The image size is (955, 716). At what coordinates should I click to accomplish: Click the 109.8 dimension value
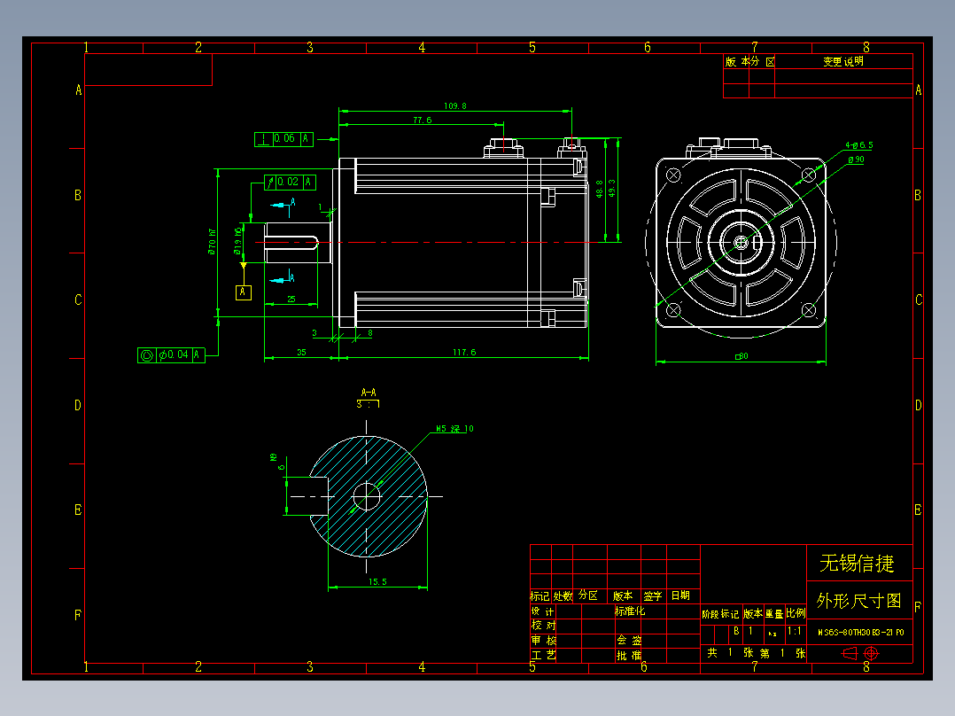click(x=454, y=106)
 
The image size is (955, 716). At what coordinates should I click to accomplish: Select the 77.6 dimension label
click(x=422, y=121)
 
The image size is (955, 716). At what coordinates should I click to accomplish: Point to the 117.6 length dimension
click(x=464, y=353)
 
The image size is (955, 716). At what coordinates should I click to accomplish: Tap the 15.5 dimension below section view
click(x=377, y=582)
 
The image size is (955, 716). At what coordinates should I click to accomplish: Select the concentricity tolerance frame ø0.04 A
click(x=172, y=354)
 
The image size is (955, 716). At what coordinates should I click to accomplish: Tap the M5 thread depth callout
click(x=454, y=429)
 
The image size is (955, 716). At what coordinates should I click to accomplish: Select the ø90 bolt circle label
click(x=856, y=160)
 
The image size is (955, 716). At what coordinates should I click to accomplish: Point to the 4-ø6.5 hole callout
click(x=858, y=144)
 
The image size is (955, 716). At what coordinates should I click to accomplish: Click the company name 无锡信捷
click(x=856, y=563)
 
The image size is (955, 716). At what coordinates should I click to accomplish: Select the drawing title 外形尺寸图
click(x=858, y=601)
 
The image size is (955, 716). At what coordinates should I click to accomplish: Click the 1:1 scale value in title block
click(x=796, y=632)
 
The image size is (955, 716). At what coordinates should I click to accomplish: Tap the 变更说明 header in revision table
click(x=842, y=61)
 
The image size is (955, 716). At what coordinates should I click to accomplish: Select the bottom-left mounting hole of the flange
click(x=672, y=309)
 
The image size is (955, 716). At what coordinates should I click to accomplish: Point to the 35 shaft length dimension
click(x=301, y=353)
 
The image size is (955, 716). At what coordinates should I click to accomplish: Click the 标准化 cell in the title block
click(x=630, y=611)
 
